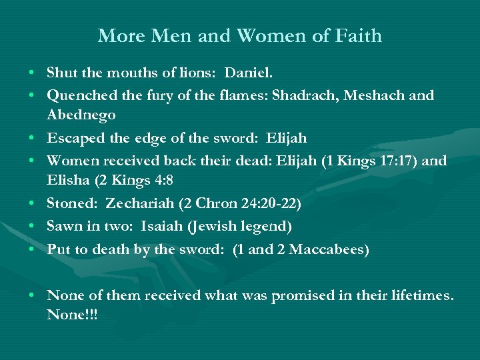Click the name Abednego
(81, 115)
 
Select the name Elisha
(68, 180)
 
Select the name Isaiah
(159, 227)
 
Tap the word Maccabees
(327, 250)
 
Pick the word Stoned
(71, 203)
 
